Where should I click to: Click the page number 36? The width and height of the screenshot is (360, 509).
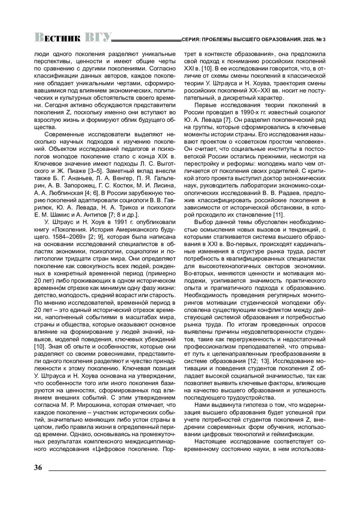tap(38, 468)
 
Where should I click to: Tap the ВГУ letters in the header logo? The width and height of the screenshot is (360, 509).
tap(98, 37)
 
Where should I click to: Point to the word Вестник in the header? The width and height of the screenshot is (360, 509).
tap(58, 37)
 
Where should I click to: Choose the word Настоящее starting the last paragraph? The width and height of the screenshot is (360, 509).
tap(209, 442)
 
